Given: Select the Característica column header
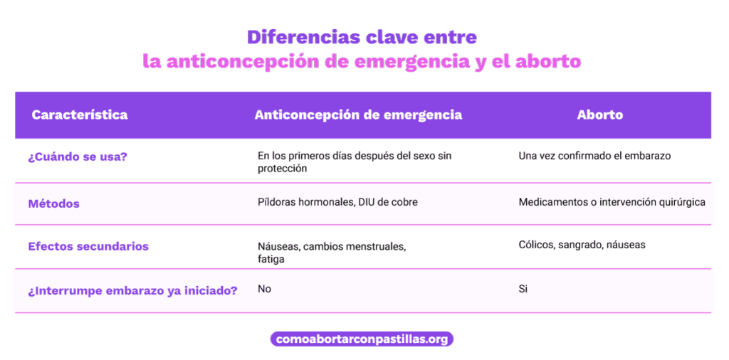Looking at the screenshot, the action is point(80,115).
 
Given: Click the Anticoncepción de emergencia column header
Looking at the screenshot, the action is point(358,115).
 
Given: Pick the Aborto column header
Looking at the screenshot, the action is point(599,115).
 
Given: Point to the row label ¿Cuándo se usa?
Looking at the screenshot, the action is point(78,157).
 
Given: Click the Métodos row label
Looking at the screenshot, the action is point(54,203).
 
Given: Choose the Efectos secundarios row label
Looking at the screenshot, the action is point(88,246).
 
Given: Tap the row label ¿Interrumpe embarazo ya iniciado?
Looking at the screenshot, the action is point(133,292).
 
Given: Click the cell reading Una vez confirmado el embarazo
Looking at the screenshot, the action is point(594,156).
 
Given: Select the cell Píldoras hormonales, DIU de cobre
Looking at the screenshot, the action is point(337,203).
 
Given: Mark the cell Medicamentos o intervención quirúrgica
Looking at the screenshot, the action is point(612,203).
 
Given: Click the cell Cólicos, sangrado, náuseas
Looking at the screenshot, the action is point(582,245).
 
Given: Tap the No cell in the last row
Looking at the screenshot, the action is point(264,290).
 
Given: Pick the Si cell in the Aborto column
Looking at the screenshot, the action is point(523,290).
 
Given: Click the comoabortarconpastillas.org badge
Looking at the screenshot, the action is point(362,339).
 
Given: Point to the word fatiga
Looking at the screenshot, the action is point(271,260).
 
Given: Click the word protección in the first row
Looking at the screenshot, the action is point(282,169).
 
